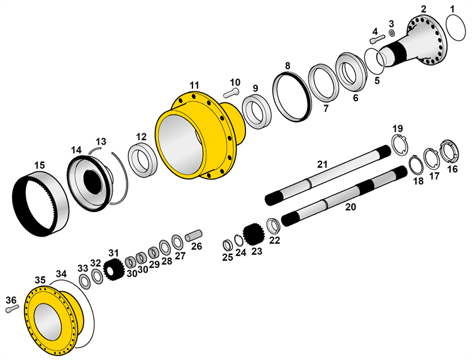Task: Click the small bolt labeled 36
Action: tap(12, 309)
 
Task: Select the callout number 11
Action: tap(194, 86)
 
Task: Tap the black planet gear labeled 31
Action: tap(114, 270)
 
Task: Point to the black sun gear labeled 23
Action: tap(254, 234)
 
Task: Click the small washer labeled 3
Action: tap(391, 33)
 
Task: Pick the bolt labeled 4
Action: tap(377, 38)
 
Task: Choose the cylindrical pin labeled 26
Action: tap(194, 235)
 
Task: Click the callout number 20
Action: tap(351, 207)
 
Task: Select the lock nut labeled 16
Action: tap(449, 150)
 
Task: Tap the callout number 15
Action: tap(40, 166)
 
